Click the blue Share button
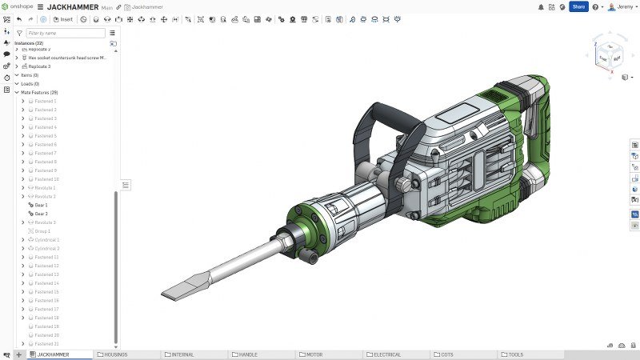pyautogui.click(x=578, y=6)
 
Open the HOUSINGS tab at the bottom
pyautogui.click(x=115, y=354)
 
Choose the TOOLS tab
pyautogui.click(x=515, y=354)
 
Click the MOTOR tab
pyautogui.click(x=314, y=354)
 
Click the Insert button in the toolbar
pyautogui.click(x=64, y=19)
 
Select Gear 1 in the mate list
pyautogui.click(x=41, y=205)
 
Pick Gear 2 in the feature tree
pyautogui.click(x=41, y=214)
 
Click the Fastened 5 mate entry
pyautogui.click(x=46, y=136)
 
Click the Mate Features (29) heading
pyautogui.click(x=39, y=92)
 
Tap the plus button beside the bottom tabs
pyautogui.click(x=18, y=354)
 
